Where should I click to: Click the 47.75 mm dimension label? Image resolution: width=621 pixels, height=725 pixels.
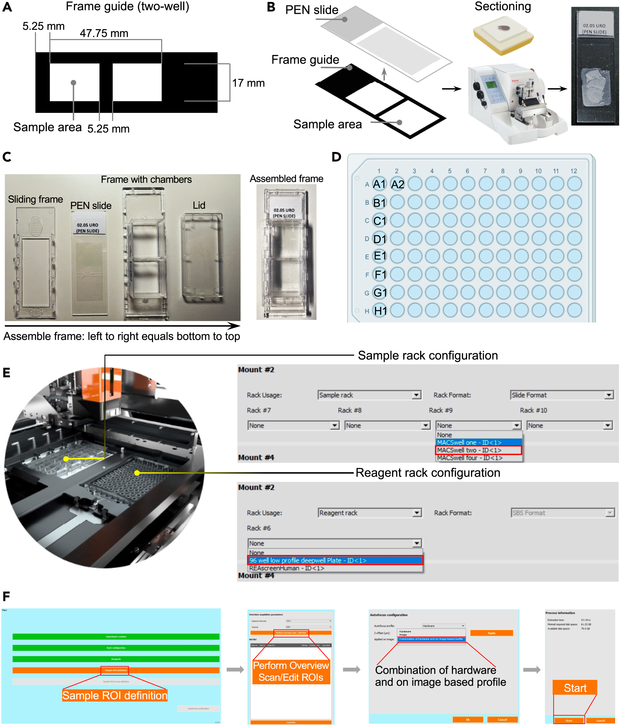(x=104, y=33)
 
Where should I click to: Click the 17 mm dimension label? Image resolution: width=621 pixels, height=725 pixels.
(x=249, y=83)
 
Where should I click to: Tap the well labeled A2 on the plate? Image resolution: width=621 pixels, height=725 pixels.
(x=397, y=184)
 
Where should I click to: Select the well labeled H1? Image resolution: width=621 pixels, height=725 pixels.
(x=380, y=311)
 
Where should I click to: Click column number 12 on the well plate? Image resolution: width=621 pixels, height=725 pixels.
(x=573, y=171)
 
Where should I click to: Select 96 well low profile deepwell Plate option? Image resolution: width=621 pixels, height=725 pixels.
(x=335, y=561)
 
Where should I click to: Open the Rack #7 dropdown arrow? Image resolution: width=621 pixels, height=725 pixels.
(x=335, y=425)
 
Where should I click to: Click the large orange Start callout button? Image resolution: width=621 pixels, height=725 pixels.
(x=575, y=688)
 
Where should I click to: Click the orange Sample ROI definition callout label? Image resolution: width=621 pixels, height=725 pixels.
(x=115, y=695)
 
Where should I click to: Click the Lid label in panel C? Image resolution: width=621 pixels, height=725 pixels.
(x=199, y=205)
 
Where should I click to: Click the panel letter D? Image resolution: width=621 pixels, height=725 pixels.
(x=337, y=157)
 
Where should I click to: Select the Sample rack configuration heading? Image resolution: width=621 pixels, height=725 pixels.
(x=428, y=355)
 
